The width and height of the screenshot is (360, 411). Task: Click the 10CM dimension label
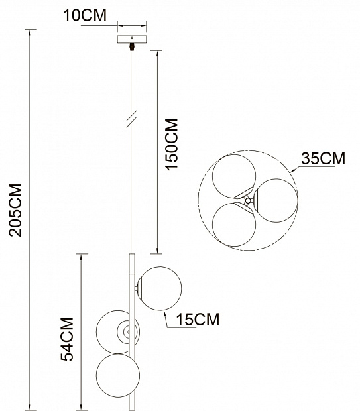tap(85, 15)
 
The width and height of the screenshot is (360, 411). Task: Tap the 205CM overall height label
tap(15, 210)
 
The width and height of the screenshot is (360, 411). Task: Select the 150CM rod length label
tap(172, 145)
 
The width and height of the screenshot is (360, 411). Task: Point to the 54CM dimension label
tap(67, 339)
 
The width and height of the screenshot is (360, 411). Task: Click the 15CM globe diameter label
tap(198, 320)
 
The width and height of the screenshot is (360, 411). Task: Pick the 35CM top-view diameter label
tap(323, 158)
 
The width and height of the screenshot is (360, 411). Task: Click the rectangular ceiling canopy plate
tap(132, 39)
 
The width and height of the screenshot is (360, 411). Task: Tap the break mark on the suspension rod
tap(132, 119)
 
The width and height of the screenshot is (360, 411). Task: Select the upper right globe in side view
tap(160, 288)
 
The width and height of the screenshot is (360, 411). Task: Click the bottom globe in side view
tap(118, 375)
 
